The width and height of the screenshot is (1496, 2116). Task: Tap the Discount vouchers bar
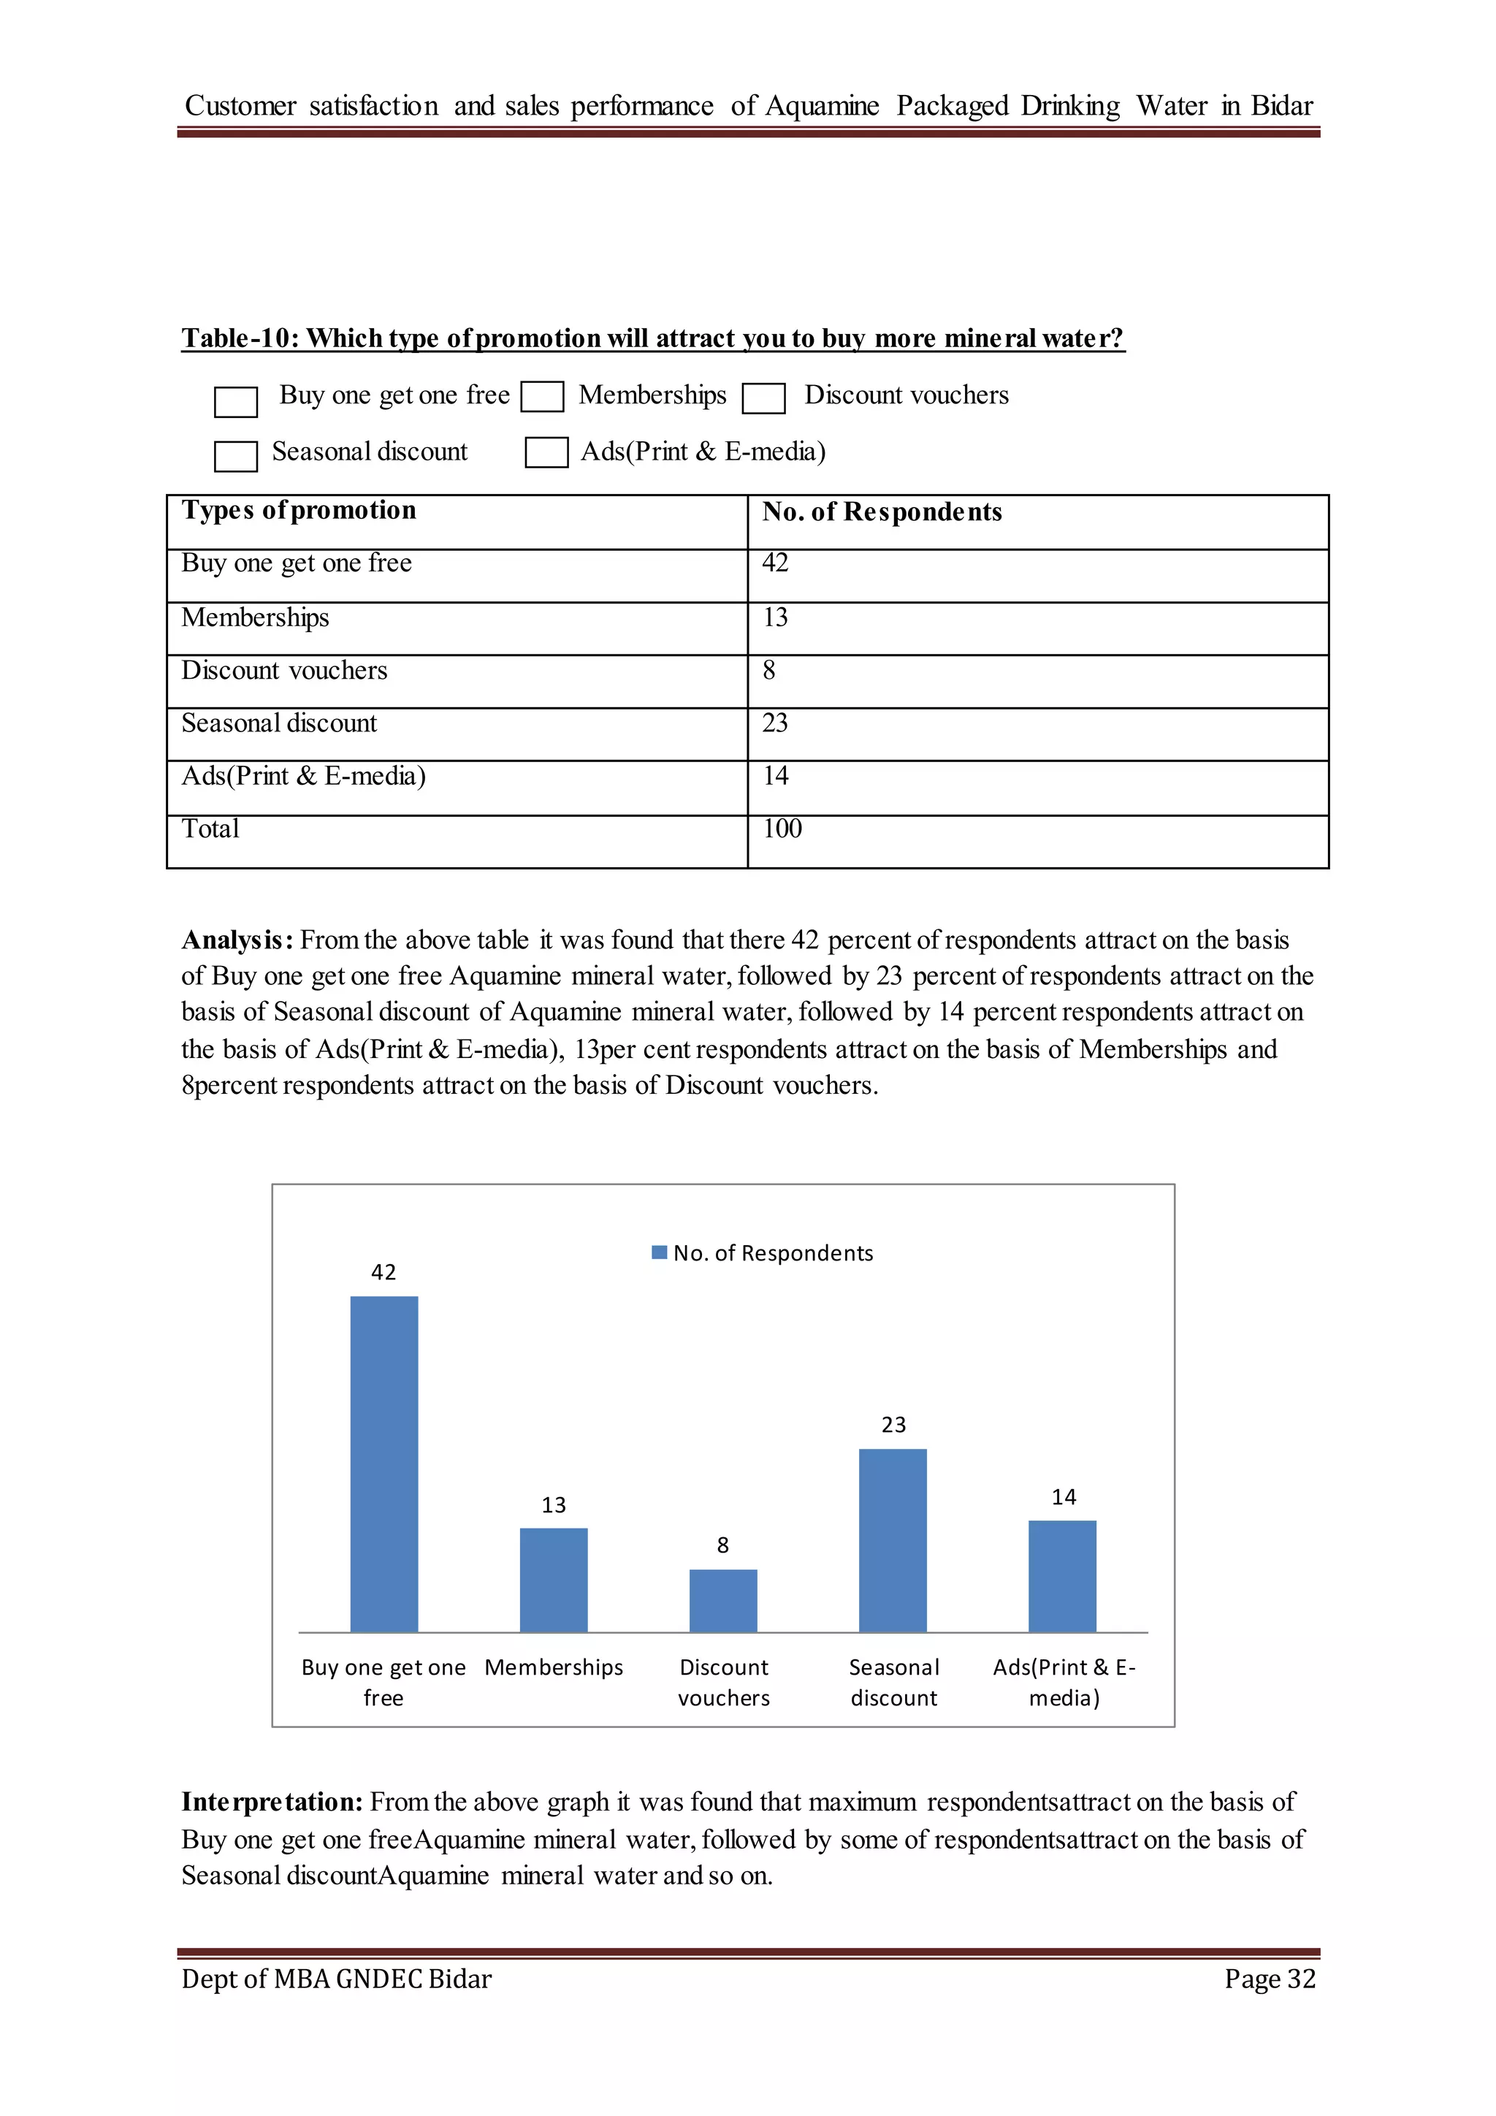[723, 1601]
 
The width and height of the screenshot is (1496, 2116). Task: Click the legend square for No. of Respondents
[659, 1252]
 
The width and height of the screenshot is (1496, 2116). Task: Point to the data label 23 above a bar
[893, 1425]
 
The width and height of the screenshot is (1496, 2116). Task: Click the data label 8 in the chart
[723, 1545]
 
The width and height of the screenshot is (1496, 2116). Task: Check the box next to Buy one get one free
[236, 402]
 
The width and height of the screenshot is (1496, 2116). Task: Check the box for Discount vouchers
[763, 399]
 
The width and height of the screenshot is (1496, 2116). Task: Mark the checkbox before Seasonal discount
[236, 456]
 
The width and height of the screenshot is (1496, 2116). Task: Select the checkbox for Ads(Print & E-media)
[546, 452]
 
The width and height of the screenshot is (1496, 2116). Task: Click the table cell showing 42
[775, 563]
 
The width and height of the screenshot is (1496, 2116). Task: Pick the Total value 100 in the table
[782, 829]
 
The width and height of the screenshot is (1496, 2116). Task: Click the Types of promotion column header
[299, 511]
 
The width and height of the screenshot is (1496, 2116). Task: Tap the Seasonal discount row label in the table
[279, 723]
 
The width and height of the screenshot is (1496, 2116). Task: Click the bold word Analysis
[237, 940]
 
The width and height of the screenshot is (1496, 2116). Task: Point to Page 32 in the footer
[1270, 1979]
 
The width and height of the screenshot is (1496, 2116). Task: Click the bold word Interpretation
[272, 1802]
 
